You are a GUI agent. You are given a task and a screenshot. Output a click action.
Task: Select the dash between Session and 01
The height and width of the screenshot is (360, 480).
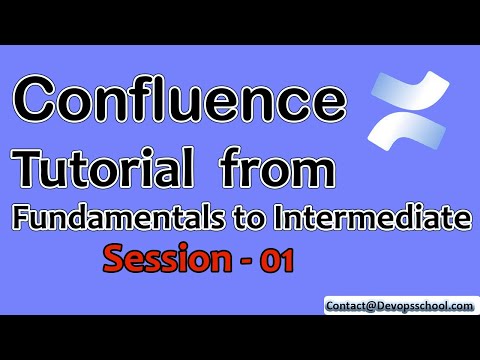click(x=247, y=262)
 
